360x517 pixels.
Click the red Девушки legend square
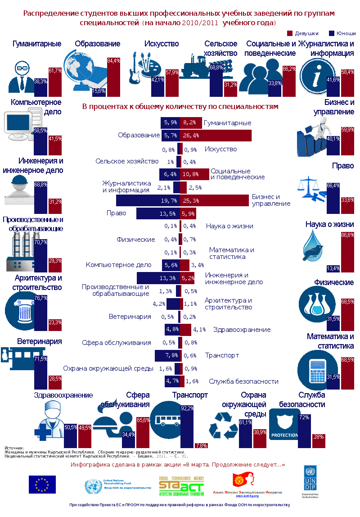coord(290,33)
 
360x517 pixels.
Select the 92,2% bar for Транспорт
coord(187,427)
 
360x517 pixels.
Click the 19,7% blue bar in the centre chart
coord(148,200)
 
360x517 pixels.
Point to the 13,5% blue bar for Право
coord(157,213)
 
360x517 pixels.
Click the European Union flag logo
coord(42,484)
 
